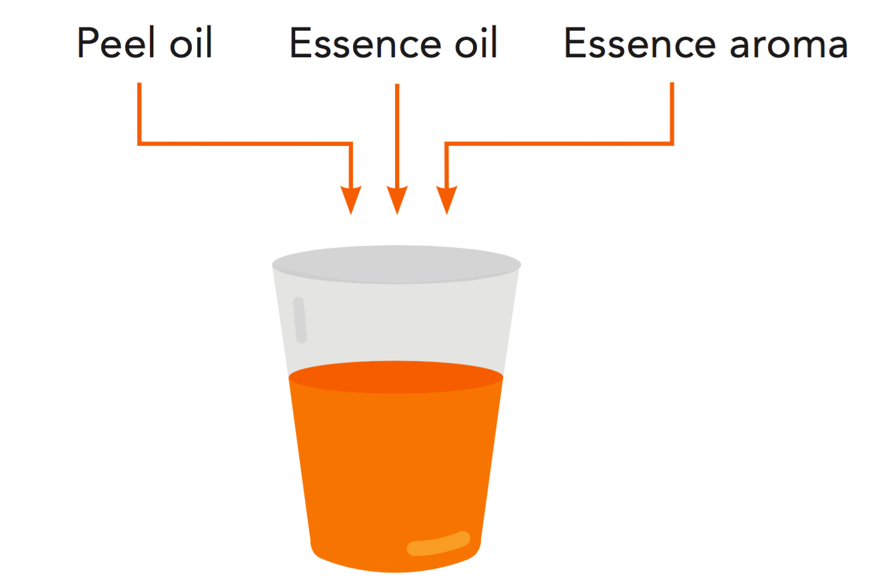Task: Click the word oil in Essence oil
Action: pyautogui.click(x=473, y=44)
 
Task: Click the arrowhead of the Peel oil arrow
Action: pyautogui.click(x=351, y=200)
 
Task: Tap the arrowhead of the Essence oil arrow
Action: pyautogui.click(x=397, y=200)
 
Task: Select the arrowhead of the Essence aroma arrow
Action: pyautogui.click(x=446, y=200)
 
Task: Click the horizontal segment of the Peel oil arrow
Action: pyautogui.click(x=246, y=143)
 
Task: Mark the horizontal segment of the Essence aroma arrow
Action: pyautogui.click(x=560, y=143)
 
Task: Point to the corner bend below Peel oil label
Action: pyautogui.click(x=140, y=142)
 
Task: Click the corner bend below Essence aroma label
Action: pyautogui.click(x=671, y=142)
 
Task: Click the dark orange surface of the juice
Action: pyautogui.click(x=396, y=377)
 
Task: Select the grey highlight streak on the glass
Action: pyautogui.click(x=300, y=320)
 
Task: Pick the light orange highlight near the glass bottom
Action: pyautogui.click(x=439, y=544)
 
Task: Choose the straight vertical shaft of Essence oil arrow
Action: pyautogui.click(x=397, y=133)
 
